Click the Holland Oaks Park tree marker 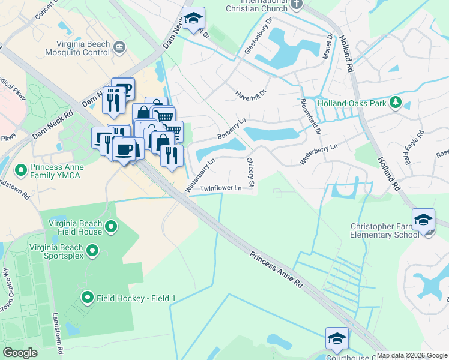click(x=395, y=103)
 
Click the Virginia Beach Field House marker click(x=111, y=227)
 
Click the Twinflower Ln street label click(x=220, y=188)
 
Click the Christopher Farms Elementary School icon click(x=423, y=218)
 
